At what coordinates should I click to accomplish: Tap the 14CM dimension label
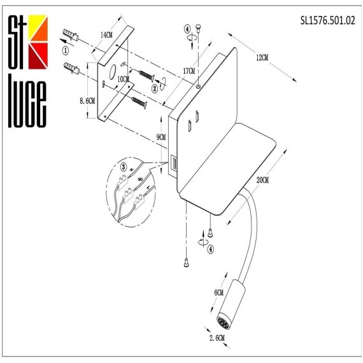(x=106, y=36)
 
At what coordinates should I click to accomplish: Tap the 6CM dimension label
(x=218, y=292)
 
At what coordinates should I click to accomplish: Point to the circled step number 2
(x=154, y=89)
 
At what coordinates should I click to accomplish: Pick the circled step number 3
(x=124, y=167)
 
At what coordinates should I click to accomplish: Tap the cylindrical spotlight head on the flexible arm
(x=229, y=300)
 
